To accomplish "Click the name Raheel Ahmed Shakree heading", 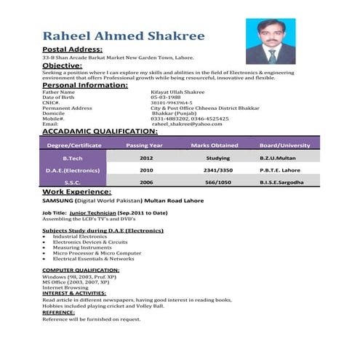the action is pyautogui.click(x=124, y=36).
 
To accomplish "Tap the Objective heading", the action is pyautogui.click(x=64, y=65).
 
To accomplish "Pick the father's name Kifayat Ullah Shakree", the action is pyautogui.click(x=178, y=92).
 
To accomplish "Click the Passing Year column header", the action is pyautogui.click(x=145, y=145).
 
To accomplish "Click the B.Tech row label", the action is pyautogui.click(x=73, y=157).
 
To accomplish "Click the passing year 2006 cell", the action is pyautogui.click(x=146, y=182).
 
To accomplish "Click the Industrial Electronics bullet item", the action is pyautogui.click(x=80, y=236).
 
